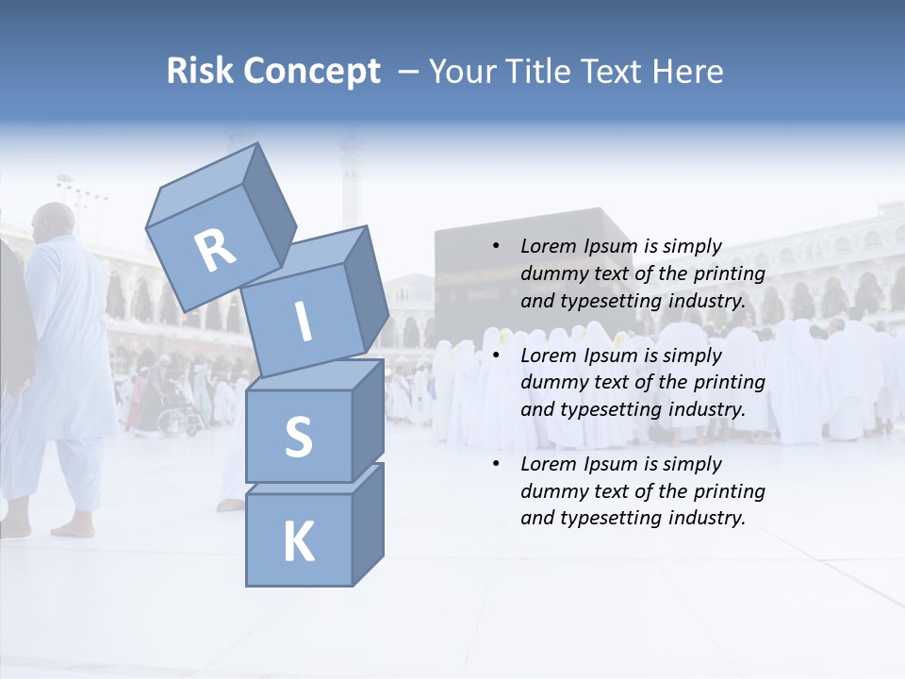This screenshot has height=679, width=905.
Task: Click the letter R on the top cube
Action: [215, 249]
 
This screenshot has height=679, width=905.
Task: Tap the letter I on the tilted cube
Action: [304, 322]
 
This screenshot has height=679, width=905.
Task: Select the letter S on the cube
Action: [298, 437]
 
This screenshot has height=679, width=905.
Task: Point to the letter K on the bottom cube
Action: [298, 542]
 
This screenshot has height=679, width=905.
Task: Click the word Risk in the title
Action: [200, 72]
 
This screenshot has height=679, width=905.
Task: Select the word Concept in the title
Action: [310, 72]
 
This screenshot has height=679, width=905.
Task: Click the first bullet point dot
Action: [496, 247]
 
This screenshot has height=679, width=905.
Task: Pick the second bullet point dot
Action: [496, 356]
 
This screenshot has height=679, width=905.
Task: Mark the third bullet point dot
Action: [496, 464]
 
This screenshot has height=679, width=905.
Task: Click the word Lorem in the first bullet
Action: [549, 247]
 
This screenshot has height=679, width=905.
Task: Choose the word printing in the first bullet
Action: [729, 274]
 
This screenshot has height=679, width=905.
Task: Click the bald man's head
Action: [54, 223]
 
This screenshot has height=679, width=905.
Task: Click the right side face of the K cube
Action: [368, 525]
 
